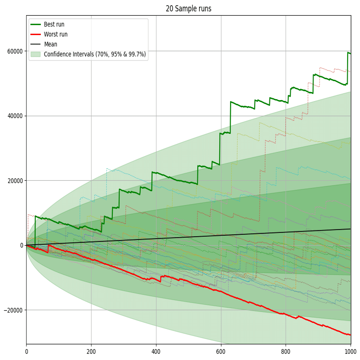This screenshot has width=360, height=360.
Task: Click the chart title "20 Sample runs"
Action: (x=188, y=9)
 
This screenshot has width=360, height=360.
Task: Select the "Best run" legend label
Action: (x=55, y=24)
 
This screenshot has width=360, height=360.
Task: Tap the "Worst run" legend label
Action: (x=56, y=34)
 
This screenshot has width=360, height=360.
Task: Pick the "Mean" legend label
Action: (x=51, y=44)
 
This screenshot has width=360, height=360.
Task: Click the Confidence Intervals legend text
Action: (x=95, y=54)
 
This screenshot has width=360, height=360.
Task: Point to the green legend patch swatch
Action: (x=36, y=54)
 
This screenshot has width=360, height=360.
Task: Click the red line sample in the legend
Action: (x=36, y=34)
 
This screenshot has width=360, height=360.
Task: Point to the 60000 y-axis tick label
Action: (x=15, y=51)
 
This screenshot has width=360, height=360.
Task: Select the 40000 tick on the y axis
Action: (x=15, y=116)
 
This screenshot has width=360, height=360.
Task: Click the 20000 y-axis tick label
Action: (x=15, y=181)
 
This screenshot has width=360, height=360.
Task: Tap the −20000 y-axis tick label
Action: (x=13, y=310)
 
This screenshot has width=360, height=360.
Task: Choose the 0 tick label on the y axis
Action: (x=21, y=245)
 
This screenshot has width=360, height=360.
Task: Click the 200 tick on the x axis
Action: (x=91, y=352)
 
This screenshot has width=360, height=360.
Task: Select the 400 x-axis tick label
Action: (x=156, y=352)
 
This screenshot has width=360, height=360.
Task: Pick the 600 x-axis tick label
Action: (x=221, y=352)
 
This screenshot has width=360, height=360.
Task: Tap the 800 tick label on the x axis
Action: (x=286, y=352)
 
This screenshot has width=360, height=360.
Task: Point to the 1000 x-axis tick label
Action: (x=350, y=352)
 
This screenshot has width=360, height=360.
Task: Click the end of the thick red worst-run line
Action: (x=350, y=335)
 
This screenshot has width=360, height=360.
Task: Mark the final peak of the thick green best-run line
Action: (x=348, y=53)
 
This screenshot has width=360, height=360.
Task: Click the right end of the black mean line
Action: (x=351, y=229)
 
